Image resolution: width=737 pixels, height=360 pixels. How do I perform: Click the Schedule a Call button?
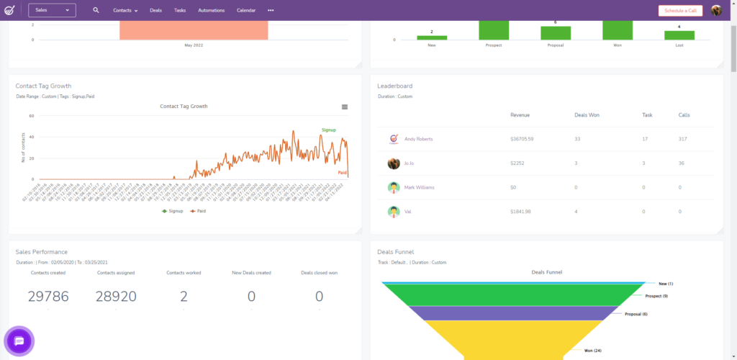[x=680, y=10]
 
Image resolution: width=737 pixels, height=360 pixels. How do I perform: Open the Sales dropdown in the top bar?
[x=52, y=10]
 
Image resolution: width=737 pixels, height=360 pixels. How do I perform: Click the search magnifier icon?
[x=96, y=10]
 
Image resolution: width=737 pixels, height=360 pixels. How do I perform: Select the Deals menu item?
[x=155, y=10]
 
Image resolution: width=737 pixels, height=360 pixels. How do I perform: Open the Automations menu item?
[x=211, y=10]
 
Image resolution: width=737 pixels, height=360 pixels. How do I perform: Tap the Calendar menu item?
[x=245, y=10]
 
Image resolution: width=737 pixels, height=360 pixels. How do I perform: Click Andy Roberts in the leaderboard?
[x=418, y=139]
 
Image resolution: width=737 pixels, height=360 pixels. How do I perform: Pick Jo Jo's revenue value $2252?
[x=520, y=163]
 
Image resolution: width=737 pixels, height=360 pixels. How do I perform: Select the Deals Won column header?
[x=587, y=114]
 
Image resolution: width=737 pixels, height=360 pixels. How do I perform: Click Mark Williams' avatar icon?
[x=394, y=187]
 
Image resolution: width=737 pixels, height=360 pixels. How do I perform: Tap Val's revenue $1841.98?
[x=523, y=212]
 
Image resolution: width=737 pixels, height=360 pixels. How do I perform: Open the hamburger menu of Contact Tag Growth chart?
[x=345, y=107]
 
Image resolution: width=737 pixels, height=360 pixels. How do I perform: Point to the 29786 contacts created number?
[x=48, y=297]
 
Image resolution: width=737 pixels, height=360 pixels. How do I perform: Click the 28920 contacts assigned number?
[x=116, y=297]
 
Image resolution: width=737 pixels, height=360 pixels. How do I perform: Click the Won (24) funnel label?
[x=593, y=351]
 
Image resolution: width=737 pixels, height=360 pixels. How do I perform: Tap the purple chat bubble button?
[x=19, y=341]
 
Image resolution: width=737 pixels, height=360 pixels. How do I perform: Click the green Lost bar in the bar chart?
[x=679, y=35]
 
